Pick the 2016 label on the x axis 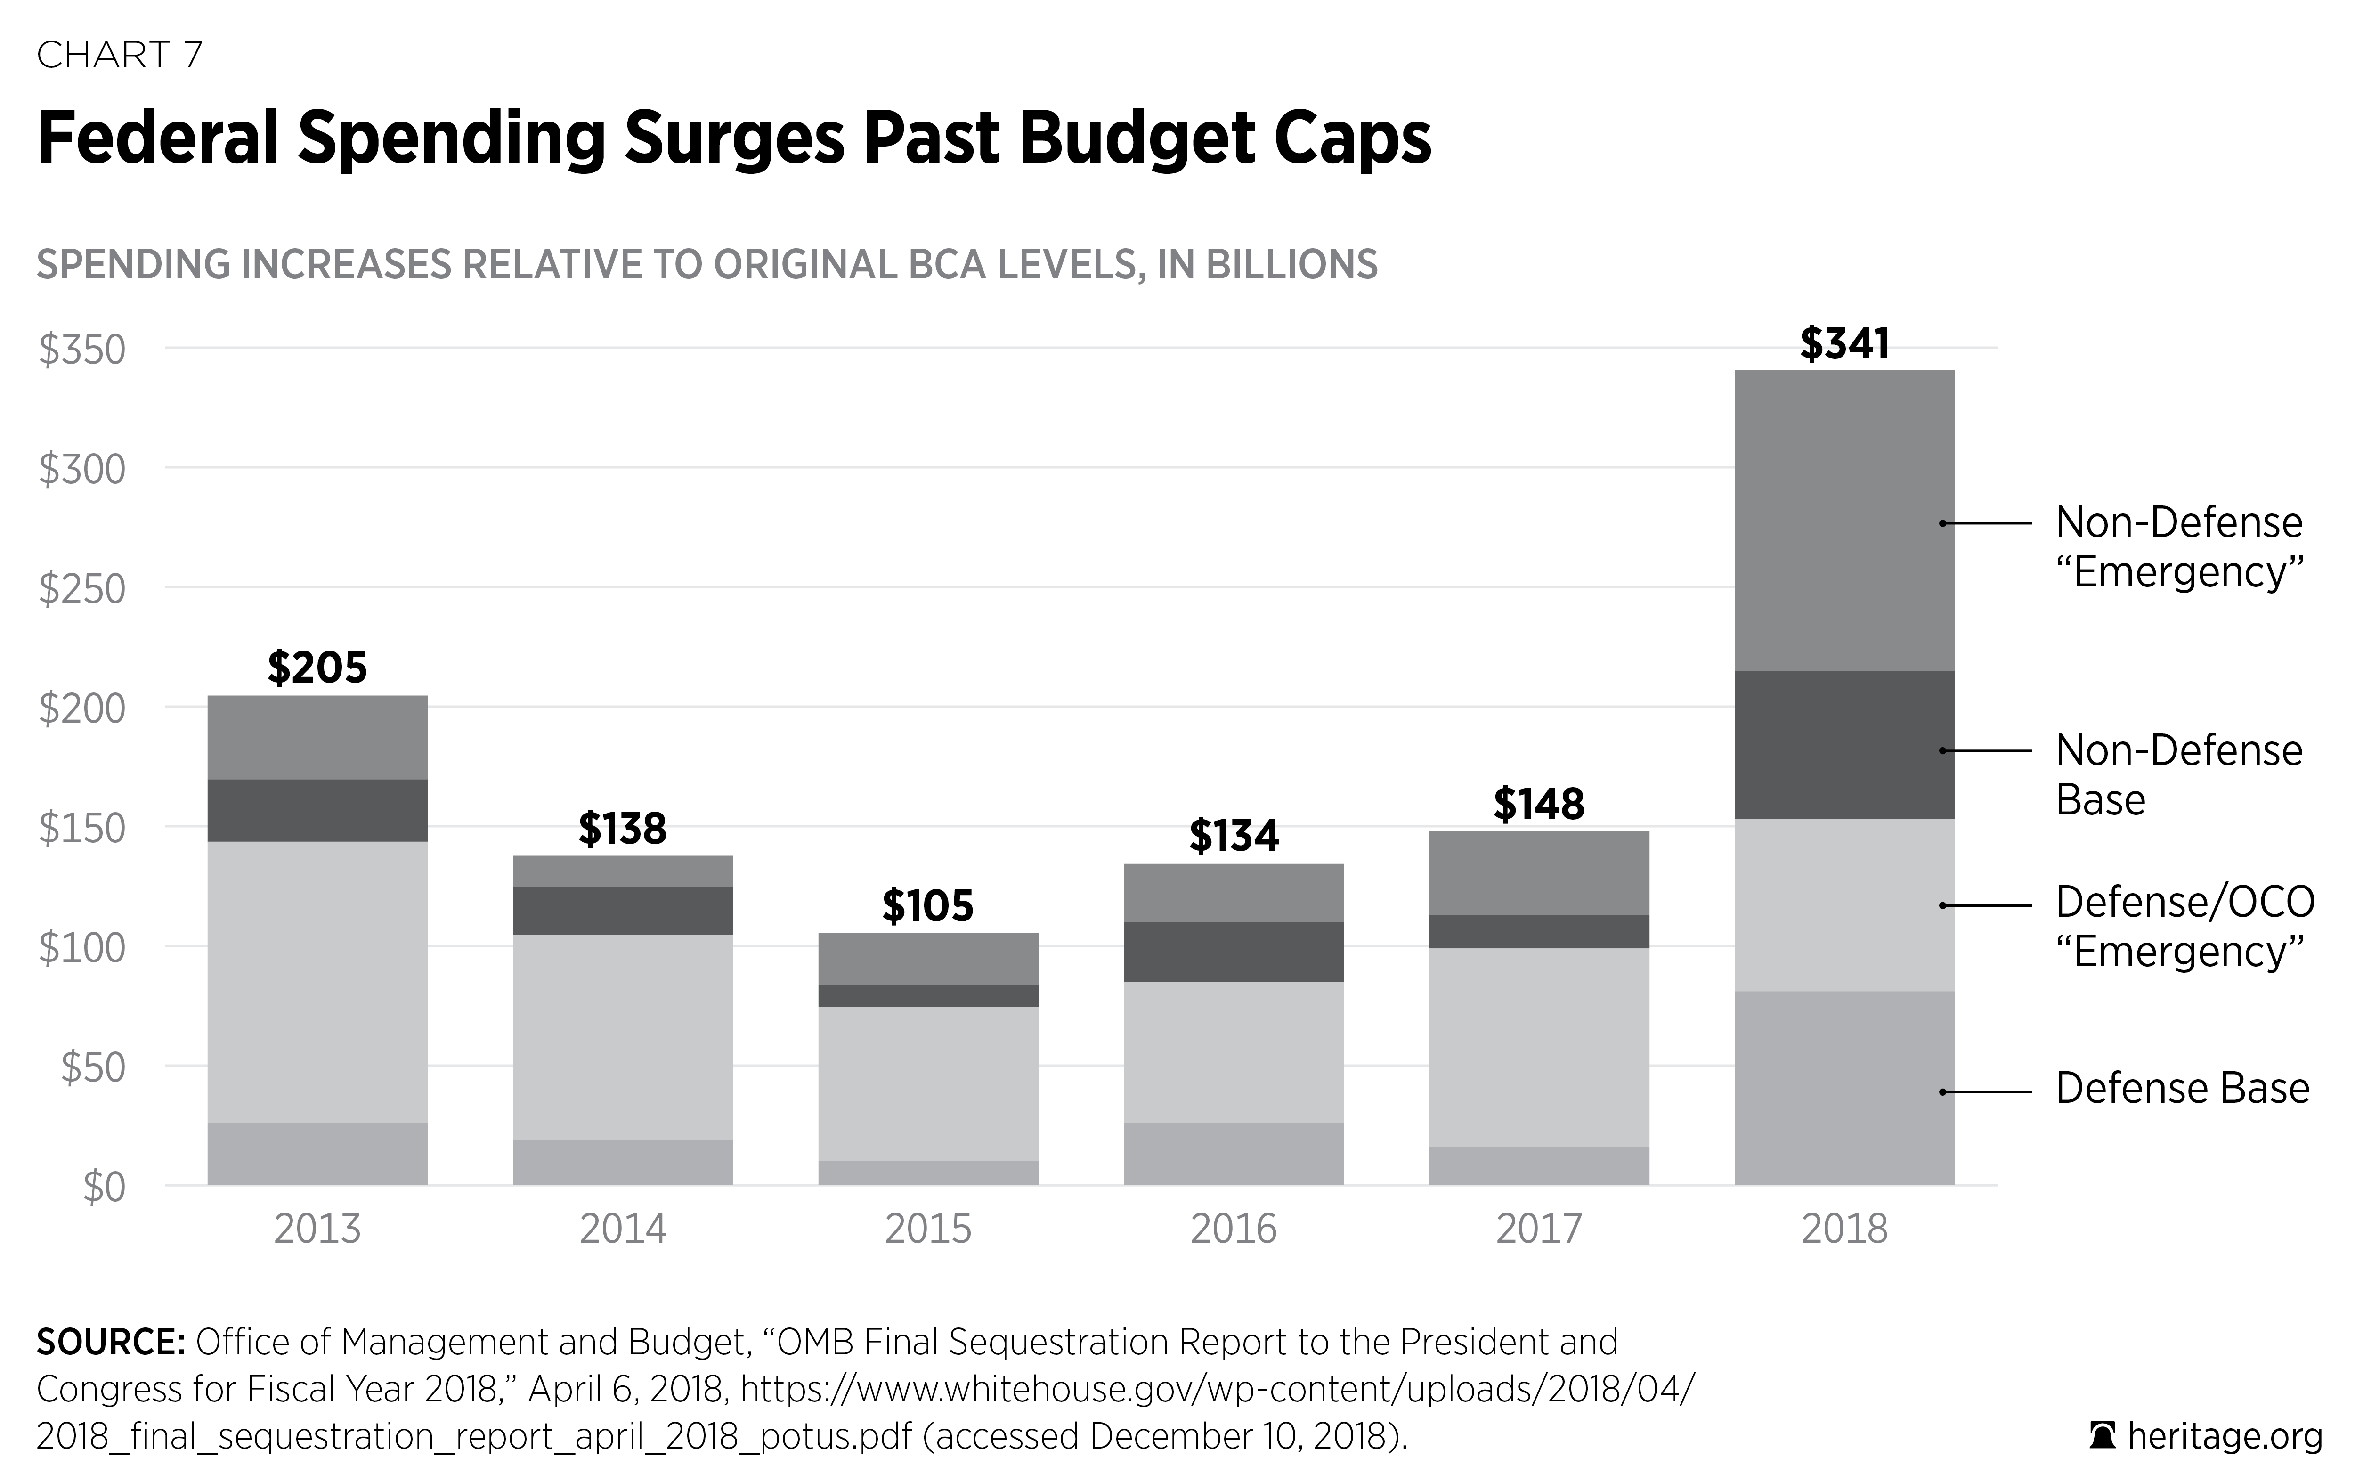click(1233, 1229)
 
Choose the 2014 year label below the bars click(623, 1229)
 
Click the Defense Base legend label click(2182, 1088)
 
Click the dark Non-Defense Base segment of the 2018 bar click(1844, 744)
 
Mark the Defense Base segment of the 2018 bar click(1844, 1088)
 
